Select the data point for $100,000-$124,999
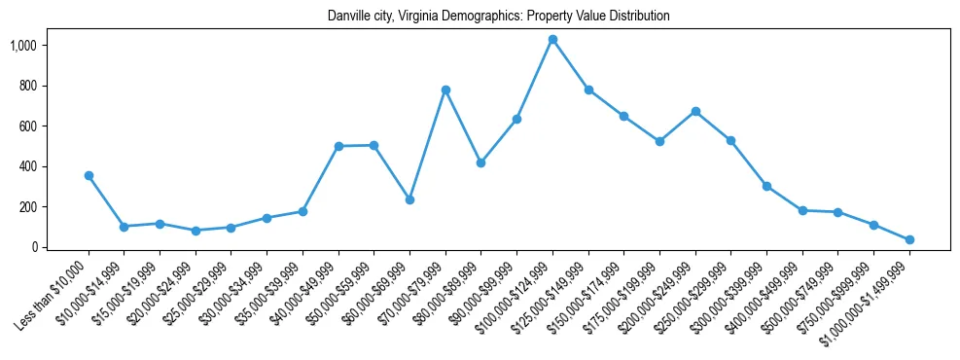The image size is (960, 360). (552, 40)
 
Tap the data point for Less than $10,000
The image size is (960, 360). (89, 176)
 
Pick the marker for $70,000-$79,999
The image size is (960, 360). (445, 90)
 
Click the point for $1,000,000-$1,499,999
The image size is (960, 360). (909, 240)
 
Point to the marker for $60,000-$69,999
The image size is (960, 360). (409, 199)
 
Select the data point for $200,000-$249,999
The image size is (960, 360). (695, 112)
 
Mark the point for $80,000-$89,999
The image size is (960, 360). (480, 163)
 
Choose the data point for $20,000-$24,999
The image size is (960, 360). (196, 231)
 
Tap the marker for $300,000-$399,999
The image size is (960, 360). (766, 186)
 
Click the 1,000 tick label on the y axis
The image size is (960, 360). (23, 46)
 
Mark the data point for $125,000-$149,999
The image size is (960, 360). (588, 90)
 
